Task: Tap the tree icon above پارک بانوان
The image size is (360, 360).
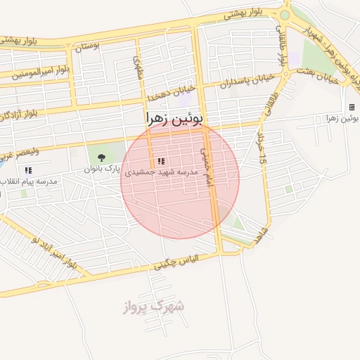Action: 101,157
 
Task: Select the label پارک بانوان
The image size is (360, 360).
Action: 102,169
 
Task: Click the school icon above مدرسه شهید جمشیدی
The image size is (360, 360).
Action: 162,161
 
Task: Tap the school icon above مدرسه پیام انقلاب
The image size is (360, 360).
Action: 28,170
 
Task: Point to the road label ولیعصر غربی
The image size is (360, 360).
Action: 20,150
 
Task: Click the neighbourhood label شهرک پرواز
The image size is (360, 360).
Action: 153,307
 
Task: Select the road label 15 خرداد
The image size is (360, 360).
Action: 262,150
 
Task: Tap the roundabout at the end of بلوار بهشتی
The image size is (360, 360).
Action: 285,14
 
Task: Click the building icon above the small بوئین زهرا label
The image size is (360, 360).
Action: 352,108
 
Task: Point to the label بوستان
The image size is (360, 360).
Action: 89,48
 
